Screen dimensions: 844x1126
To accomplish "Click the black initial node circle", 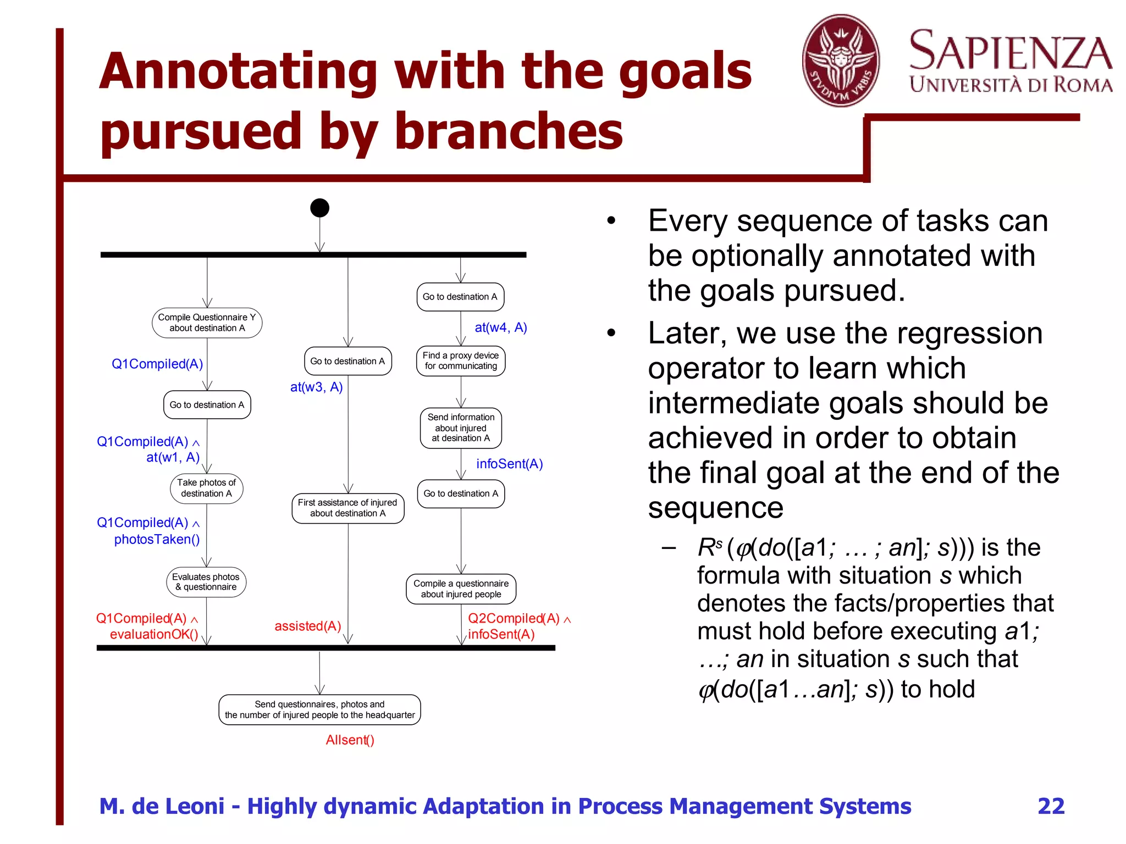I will tap(319, 208).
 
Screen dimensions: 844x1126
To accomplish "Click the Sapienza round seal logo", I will tap(841, 60).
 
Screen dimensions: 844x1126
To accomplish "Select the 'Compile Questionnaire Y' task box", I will tap(207, 323).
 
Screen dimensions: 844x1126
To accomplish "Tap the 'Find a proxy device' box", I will tap(461, 361).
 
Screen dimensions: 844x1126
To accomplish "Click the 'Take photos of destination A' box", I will tap(207, 488).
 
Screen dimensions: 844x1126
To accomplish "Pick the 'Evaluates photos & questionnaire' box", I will tap(206, 582).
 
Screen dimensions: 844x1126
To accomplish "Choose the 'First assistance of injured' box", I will tap(347, 508).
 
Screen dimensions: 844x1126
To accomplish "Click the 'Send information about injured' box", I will tap(461, 427).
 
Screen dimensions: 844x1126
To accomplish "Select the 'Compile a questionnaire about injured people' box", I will tap(461, 588).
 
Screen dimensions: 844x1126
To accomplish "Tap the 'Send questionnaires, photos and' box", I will tap(319, 709).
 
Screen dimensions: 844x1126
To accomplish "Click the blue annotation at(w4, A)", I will tap(500, 327).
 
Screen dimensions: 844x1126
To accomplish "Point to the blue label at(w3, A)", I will tap(316, 387).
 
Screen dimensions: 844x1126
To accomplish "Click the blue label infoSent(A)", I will tap(509, 464).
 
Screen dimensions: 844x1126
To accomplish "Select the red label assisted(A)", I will tap(308, 626).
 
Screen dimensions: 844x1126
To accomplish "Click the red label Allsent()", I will tap(350, 740).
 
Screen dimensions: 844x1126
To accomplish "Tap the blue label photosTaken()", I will tap(157, 540).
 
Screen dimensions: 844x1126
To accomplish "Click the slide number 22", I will tap(1051, 806).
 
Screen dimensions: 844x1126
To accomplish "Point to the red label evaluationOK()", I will tap(154, 635).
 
